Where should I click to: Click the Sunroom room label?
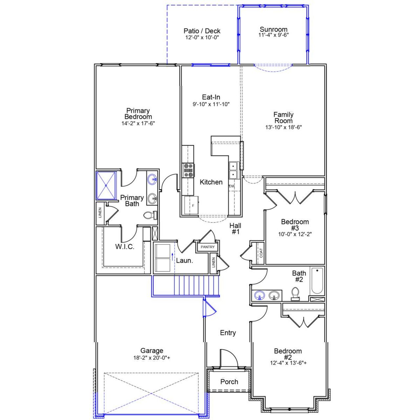click(273, 29)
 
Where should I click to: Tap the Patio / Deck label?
click(202, 31)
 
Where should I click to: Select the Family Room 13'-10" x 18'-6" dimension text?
click(283, 127)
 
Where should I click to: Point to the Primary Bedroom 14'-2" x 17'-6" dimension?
click(138, 123)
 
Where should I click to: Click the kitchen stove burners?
click(188, 171)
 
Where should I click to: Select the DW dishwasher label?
click(232, 186)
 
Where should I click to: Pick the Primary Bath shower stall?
click(106, 185)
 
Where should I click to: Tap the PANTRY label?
click(208, 247)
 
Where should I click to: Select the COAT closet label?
click(261, 253)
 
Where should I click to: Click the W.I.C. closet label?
click(125, 247)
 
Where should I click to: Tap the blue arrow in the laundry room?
click(172, 256)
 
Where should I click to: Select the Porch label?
click(229, 382)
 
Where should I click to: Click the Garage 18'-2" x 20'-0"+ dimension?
click(152, 358)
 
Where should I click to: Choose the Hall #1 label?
click(235, 229)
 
